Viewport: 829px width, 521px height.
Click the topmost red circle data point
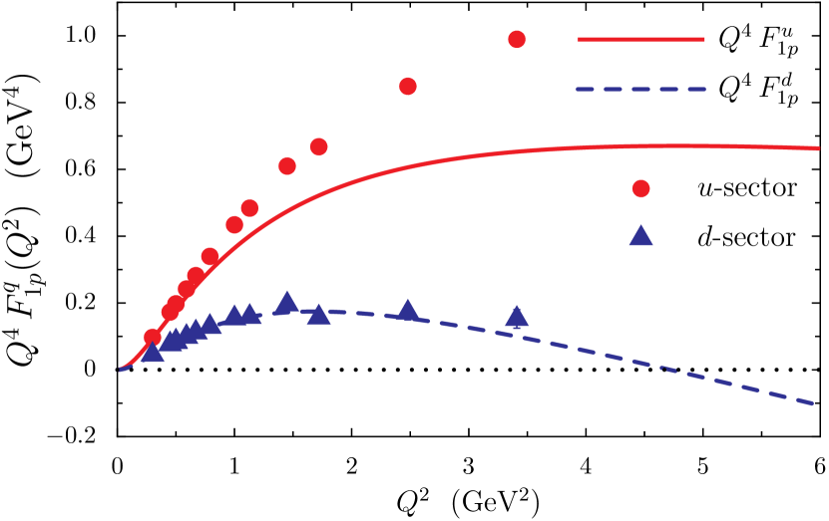517,40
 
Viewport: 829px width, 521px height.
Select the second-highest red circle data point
408,87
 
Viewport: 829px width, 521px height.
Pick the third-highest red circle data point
318,147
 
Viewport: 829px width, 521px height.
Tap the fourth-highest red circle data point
287,166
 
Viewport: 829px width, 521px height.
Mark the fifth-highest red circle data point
249,208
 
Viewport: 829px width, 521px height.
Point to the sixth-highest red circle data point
234,225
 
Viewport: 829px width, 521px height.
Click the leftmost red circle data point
152,337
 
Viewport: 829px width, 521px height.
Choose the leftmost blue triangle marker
152,353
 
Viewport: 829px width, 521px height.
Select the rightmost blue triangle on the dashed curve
517,317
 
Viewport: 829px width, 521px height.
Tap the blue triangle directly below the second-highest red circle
408,311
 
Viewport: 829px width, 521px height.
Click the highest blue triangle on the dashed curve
287,302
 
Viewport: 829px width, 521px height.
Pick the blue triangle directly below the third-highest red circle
318,315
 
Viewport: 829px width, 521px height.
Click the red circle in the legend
641,188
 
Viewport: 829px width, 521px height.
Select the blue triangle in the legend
641,236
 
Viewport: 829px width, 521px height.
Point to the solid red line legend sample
641,40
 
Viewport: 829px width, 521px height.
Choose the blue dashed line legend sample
641,90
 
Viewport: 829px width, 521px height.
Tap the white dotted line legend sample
641,139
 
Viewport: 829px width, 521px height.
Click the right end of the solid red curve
817,148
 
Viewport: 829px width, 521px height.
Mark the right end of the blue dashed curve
813,403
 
